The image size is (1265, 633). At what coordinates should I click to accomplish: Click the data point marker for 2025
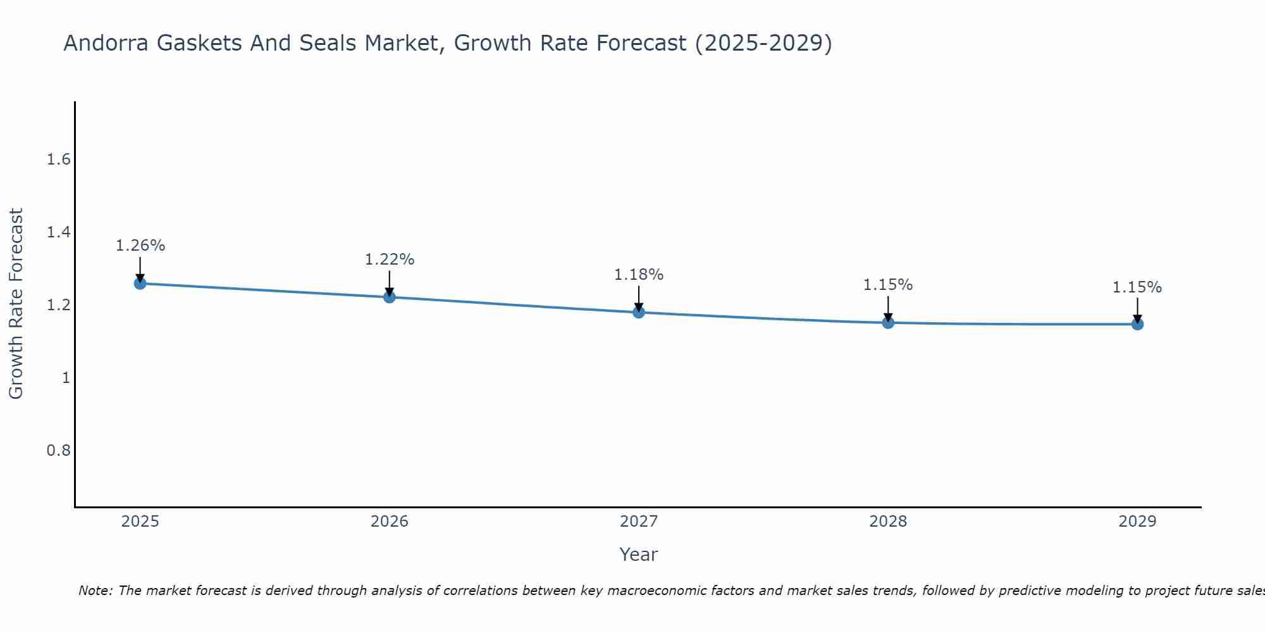point(140,283)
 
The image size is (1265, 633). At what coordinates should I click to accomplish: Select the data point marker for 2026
point(389,297)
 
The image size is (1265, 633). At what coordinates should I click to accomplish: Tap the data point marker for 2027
point(638,312)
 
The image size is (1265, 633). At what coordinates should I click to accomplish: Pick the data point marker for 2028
point(888,323)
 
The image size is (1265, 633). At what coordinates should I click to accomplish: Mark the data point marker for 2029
point(1137,324)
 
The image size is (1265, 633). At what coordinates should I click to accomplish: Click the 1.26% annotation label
point(140,246)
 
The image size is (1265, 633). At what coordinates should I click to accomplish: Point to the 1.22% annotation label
point(389,260)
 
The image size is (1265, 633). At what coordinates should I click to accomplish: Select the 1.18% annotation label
point(638,275)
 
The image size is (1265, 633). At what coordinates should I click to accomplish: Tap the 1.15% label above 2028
point(888,285)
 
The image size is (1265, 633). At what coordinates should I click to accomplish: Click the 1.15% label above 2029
point(1137,287)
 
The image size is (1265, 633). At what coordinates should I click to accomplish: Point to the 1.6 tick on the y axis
point(58,160)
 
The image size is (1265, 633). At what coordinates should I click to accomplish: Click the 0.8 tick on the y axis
point(58,451)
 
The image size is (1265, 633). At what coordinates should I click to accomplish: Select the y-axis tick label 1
point(65,378)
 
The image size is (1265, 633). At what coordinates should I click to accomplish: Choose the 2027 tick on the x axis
point(638,522)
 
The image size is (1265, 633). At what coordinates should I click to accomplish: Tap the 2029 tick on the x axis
point(1137,522)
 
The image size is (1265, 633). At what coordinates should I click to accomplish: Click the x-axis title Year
point(638,555)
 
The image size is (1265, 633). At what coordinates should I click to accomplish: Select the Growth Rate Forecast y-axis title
point(16,304)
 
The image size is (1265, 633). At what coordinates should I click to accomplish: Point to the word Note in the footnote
point(95,591)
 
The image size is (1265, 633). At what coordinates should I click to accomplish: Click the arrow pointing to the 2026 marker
point(389,282)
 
